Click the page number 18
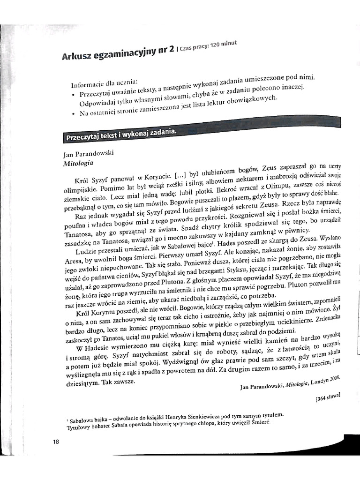point(56,441)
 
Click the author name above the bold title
point(88,153)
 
